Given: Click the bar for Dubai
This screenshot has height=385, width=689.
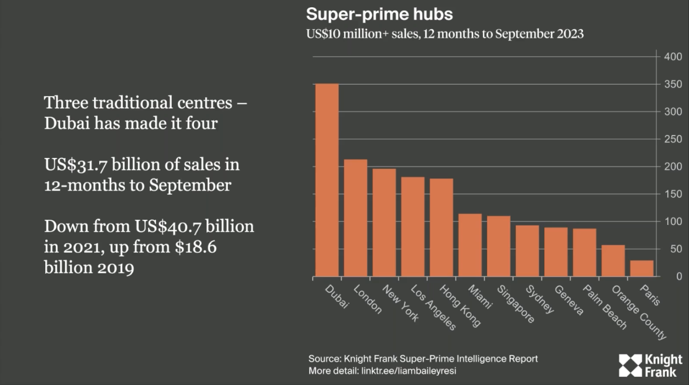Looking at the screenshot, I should pos(327,180).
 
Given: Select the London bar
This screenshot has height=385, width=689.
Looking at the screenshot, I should pos(356,218).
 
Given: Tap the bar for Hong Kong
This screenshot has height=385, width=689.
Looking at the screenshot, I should pos(441,227).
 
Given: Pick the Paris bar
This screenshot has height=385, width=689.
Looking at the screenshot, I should pos(642,268).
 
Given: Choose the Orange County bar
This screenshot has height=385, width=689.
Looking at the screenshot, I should pos(613,261).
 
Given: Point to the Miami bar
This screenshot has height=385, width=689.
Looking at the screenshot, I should pos(470,245).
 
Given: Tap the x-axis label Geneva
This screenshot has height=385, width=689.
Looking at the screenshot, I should pos(569,300).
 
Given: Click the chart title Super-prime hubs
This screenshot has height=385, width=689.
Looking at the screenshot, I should pos(379,14).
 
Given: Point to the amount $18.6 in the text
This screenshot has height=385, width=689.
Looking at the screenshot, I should pos(194,247).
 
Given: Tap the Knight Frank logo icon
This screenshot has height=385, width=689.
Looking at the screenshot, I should pos(630,365).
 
